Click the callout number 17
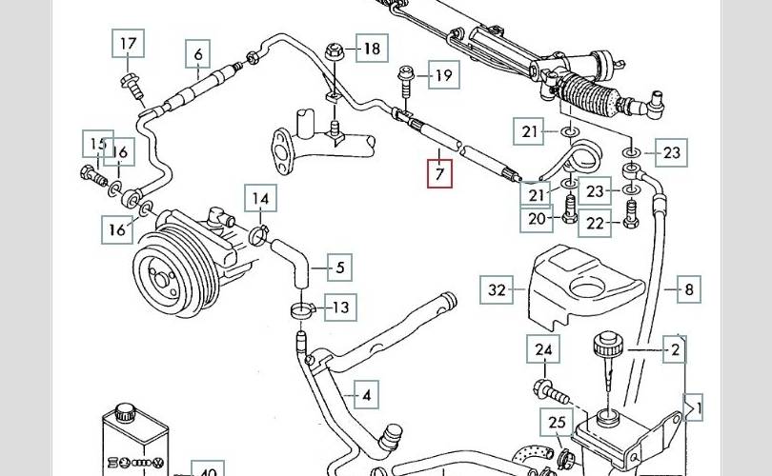pyautogui.click(x=128, y=44)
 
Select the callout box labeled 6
pyautogui.click(x=198, y=53)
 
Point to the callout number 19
pyautogui.click(x=443, y=76)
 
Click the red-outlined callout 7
pyautogui.click(x=439, y=175)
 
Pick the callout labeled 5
pyautogui.click(x=339, y=268)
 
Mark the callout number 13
pyautogui.click(x=339, y=307)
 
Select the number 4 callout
pyautogui.click(x=365, y=393)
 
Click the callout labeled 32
pyautogui.click(x=496, y=288)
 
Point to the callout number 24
pyautogui.click(x=542, y=351)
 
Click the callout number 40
pyautogui.click(x=207, y=470)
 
